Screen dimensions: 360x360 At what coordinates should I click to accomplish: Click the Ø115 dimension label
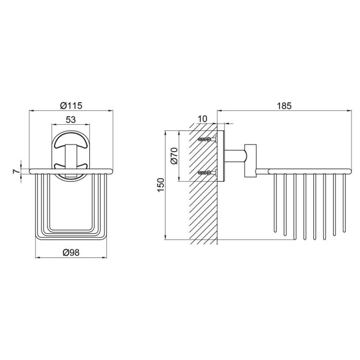point(71,106)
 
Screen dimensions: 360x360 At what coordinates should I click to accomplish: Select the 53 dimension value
point(71,119)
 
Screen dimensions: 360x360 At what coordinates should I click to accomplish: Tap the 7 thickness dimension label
point(16,171)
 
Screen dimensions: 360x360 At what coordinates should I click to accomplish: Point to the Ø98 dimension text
point(71,253)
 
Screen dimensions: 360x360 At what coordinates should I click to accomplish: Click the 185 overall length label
point(284,106)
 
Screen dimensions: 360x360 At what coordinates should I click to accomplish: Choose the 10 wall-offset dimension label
point(203,119)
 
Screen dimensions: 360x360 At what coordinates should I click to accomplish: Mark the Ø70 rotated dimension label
point(175,156)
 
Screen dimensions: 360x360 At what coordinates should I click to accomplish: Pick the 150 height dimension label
point(161,185)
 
